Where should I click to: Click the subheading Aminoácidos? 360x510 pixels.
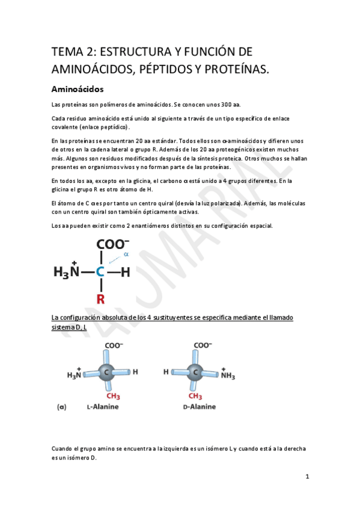tap(78, 90)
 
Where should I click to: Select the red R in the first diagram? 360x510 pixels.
tap(100, 298)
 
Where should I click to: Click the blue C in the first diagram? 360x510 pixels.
tap(100, 272)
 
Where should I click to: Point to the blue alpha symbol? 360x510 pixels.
tap(126, 254)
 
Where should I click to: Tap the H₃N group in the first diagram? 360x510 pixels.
tap(66, 272)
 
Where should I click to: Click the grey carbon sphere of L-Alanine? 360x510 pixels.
tap(106, 372)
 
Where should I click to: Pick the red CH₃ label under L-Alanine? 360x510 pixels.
tap(112, 396)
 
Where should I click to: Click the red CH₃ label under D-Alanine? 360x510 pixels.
tap(195, 396)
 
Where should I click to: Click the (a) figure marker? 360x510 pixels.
tap(61, 407)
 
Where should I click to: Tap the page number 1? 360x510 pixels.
tap(307, 477)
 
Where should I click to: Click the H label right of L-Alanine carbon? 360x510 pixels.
tap(136, 372)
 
